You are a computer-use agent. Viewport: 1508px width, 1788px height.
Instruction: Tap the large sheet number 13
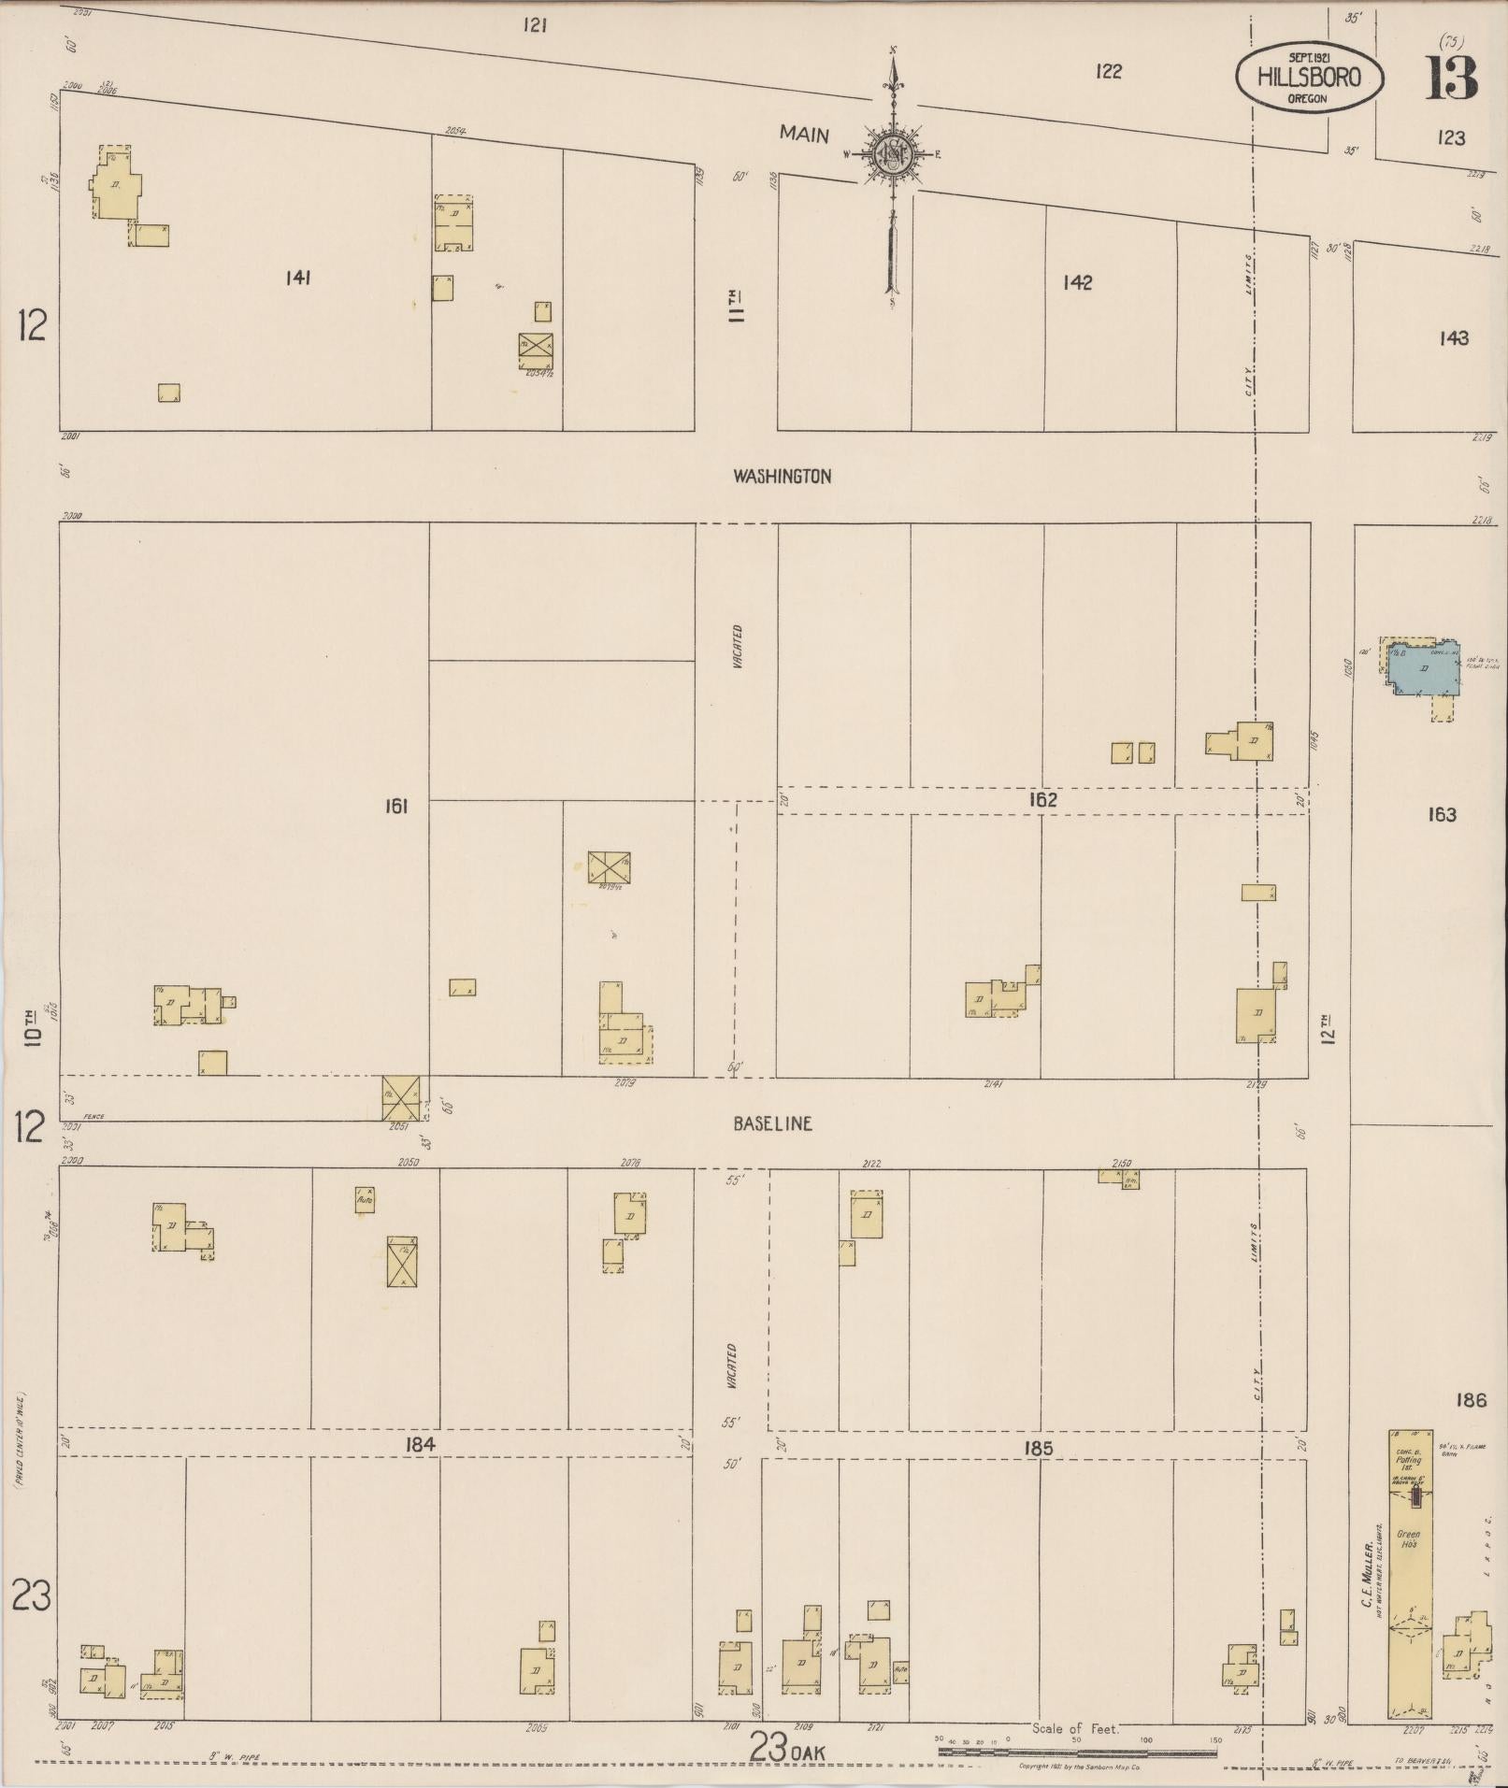pyautogui.click(x=1451, y=79)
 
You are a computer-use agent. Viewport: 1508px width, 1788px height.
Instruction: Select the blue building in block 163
pyautogui.click(x=1420, y=669)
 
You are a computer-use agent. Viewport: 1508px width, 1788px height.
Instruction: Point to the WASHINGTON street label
pyautogui.click(x=782, y=477)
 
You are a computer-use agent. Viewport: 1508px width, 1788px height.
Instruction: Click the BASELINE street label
pyautogui.click(x=772, y=1123)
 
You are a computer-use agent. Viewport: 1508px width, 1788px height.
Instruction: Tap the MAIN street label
pyautogui.click(x=804, y=135)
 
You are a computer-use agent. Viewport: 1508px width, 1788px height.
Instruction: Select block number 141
pyautogui.click(x=298, y=278)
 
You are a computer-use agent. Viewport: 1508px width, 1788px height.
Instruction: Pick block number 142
pyautogui.click(x=1077, y=282)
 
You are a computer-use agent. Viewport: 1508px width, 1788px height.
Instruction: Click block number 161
pyautogui.click(x=395, y=806)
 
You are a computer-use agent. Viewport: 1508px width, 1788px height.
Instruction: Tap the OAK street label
pyautogui.click(x=806, y=1752)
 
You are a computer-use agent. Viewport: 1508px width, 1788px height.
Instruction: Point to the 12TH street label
pyautogui.click(x=1328, y=1028)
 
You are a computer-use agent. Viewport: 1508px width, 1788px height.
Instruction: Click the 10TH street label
pyautogui.click(x=34, y=1025)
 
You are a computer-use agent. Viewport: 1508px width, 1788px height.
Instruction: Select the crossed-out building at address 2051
pyautogui.click(x=400, y=1097)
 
